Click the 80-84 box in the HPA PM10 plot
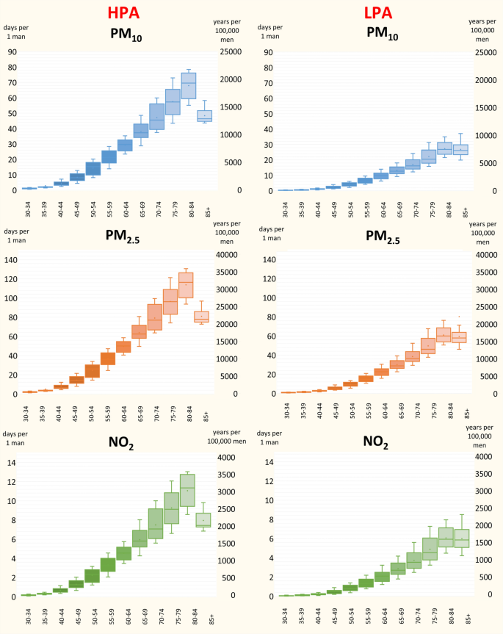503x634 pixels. (189, 85)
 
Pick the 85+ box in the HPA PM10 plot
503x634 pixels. (205, 116)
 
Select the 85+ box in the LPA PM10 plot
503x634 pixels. (460, 149)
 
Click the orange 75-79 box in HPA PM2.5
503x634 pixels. (170, 302)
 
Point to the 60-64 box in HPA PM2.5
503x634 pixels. (123, 346)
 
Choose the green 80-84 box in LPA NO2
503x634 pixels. (446, 542)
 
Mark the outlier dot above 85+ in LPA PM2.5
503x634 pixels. (460, 317)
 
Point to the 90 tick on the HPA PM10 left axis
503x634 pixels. (12, 52)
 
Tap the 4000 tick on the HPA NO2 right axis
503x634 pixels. (228, 457)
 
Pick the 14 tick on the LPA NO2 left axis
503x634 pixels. (272, 462)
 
